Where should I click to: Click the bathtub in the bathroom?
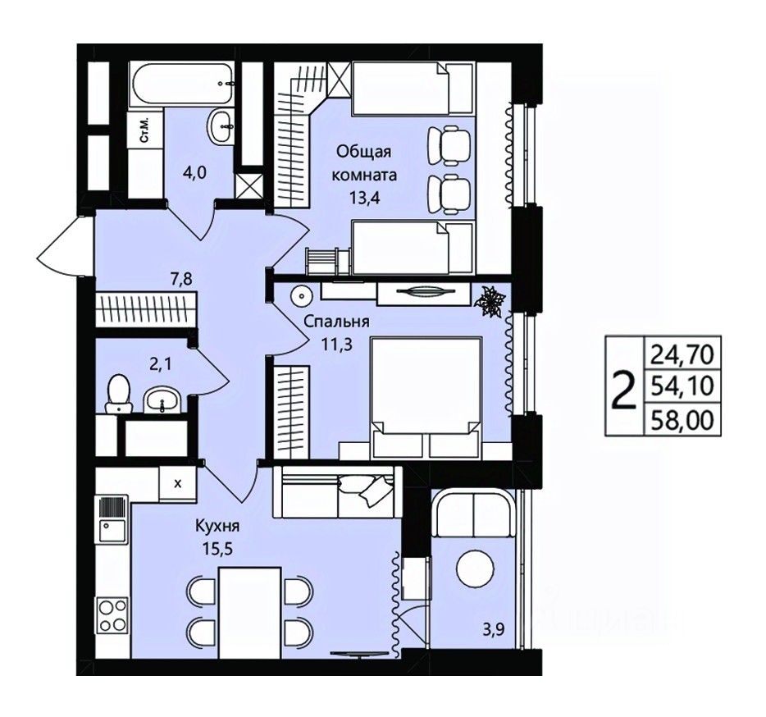tap(182, 83)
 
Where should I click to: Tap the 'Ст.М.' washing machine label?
tap(144, 129)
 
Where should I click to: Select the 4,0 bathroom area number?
tap(188, 173)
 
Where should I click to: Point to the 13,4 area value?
tap(364, 198)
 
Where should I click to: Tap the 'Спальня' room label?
tap(336, 321)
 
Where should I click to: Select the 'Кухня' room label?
tap(217, 527)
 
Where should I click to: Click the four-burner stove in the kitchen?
tap(113, 614)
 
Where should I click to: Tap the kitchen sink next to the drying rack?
tap(113, 530)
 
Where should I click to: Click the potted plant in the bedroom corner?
tap(491, 303)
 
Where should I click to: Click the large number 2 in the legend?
tap(625, 390)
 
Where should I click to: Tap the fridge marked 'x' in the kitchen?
tap(178, 483)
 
